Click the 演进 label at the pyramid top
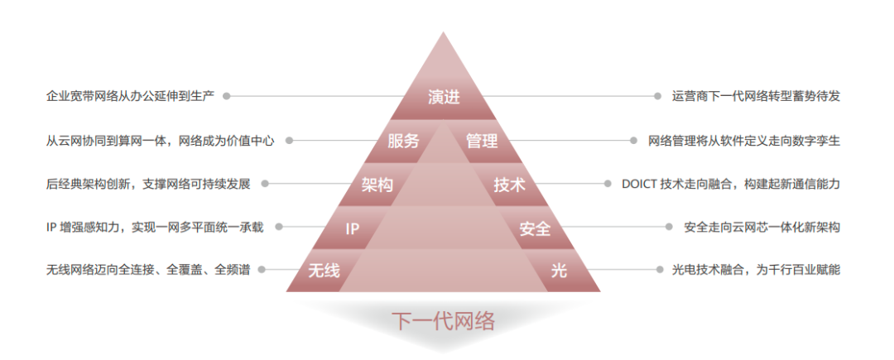pyautogui.click(x=444, y=97)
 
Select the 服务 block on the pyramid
pyautogui.click(x=404, y=141)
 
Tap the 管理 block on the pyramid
pyautogui.click(x=481, y=141)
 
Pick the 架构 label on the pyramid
pyautogui.click(x=377, y=185)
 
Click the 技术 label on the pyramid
pyautogui.click(x=509, y=185)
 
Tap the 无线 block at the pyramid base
pyautogui.click(x=324, y=271)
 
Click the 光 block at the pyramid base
pyautogui.click(x=560, y=271)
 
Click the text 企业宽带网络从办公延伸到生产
pyautogui.click(x=130, y=96)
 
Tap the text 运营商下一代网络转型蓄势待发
pyautogui.click(x=757, y=96)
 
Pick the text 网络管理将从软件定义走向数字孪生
pyautogui.click(x=744, y=141)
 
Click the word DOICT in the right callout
pyautogui.click(x=639, y=185)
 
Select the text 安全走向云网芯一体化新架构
pyautogui.click(x=762, y=227)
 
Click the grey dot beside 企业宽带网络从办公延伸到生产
pyautogui.click(x=227, y=96)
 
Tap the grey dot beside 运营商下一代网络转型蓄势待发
pyautogui.click(x=656, y=96)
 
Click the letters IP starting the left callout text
pyautogui.click(x=51, y=227)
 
